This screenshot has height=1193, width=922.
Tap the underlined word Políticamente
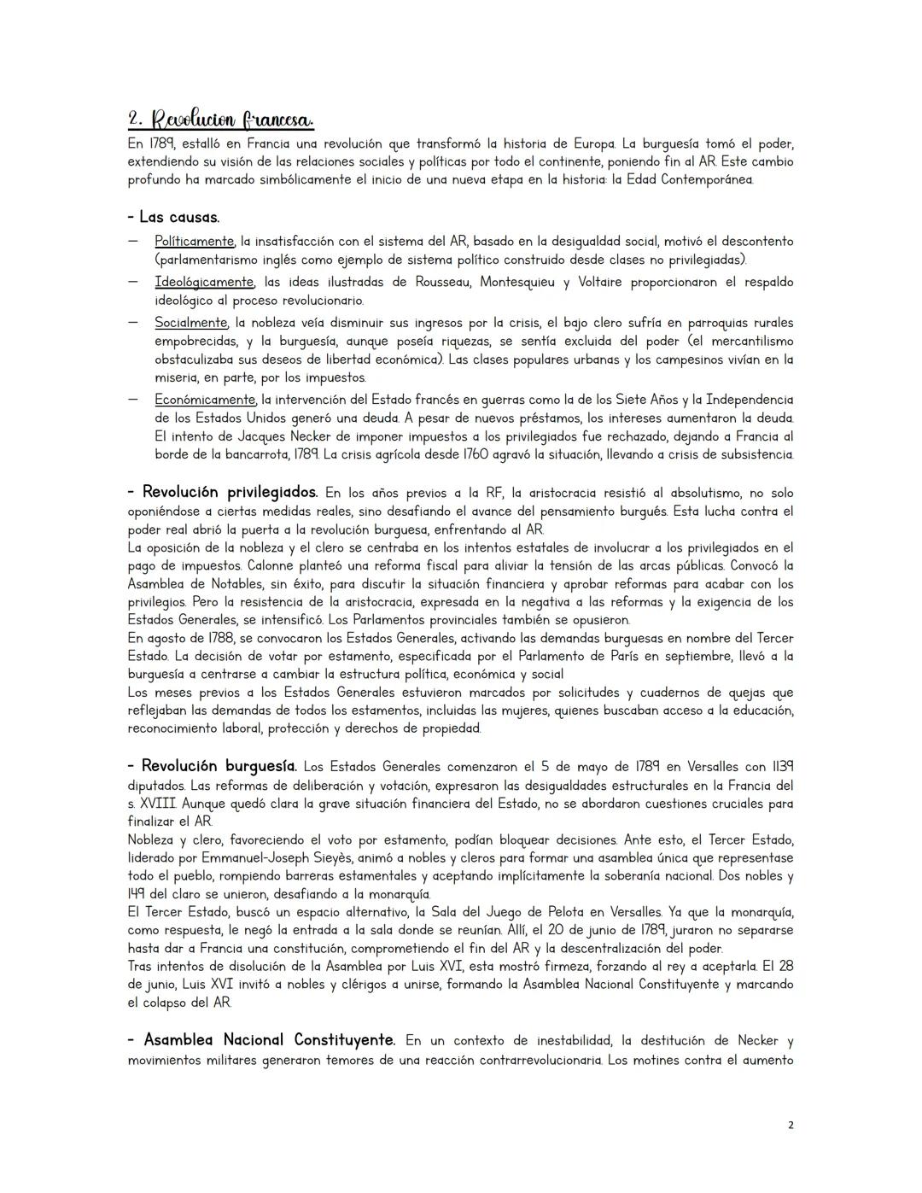[194, 242]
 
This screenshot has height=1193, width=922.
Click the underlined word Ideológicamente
[204, 282]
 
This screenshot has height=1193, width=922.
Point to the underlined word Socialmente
[190, 323]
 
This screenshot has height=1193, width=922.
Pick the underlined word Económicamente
[205, 400]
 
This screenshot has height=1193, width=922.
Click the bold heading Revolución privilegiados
[222, 493]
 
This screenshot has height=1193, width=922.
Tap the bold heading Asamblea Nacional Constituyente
[261, 1040]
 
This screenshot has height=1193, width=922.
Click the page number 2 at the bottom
[790, 1126]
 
